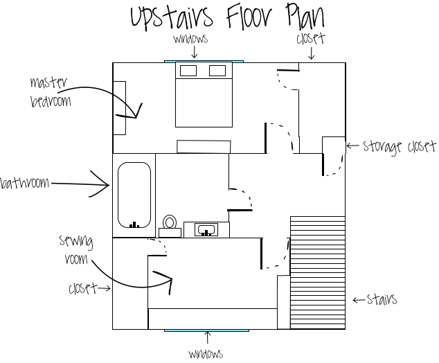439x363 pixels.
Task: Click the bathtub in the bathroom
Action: pyautogui.click(x=134, y=195)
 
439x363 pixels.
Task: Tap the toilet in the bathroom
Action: pyautogui.click(x=170, y=227)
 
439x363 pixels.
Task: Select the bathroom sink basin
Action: pyautogui.click(x=206, y=230)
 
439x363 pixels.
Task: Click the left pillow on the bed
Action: pyautogui.click(x=188, y=71)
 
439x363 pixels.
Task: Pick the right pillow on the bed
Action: pyautogui.click(x=217, y=71)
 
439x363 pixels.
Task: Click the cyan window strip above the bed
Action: pyautogui.click(x=204, y=62)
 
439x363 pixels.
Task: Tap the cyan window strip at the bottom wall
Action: pyautogui.click(x=206, y=330)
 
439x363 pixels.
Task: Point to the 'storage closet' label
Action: pyautogui.click(x=400, y=146)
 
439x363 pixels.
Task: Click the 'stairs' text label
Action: pyautogui.click(x=382, y=299)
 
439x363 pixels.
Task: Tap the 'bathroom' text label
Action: pyautogui.click(x=25, y=183)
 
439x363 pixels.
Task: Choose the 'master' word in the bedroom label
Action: pyautogui.click(x=48, y=82)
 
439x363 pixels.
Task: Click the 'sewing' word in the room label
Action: pyautogui.click(x=76, y=242)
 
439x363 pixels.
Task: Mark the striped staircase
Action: pyautogui.click(x=318, y=272)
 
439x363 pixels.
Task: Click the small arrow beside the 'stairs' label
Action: pyautogui.click(x=359, y=300)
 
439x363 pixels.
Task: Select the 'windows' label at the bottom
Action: pyautogui.click(x=206, y=354)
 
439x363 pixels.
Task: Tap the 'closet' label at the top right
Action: pyautogui.click(x=311, y=38)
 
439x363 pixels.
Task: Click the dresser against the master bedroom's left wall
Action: pyautogui.click(x=119, y=108)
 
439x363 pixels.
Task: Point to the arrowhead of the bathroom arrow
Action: pyautogui.click(x=109, y=185)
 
